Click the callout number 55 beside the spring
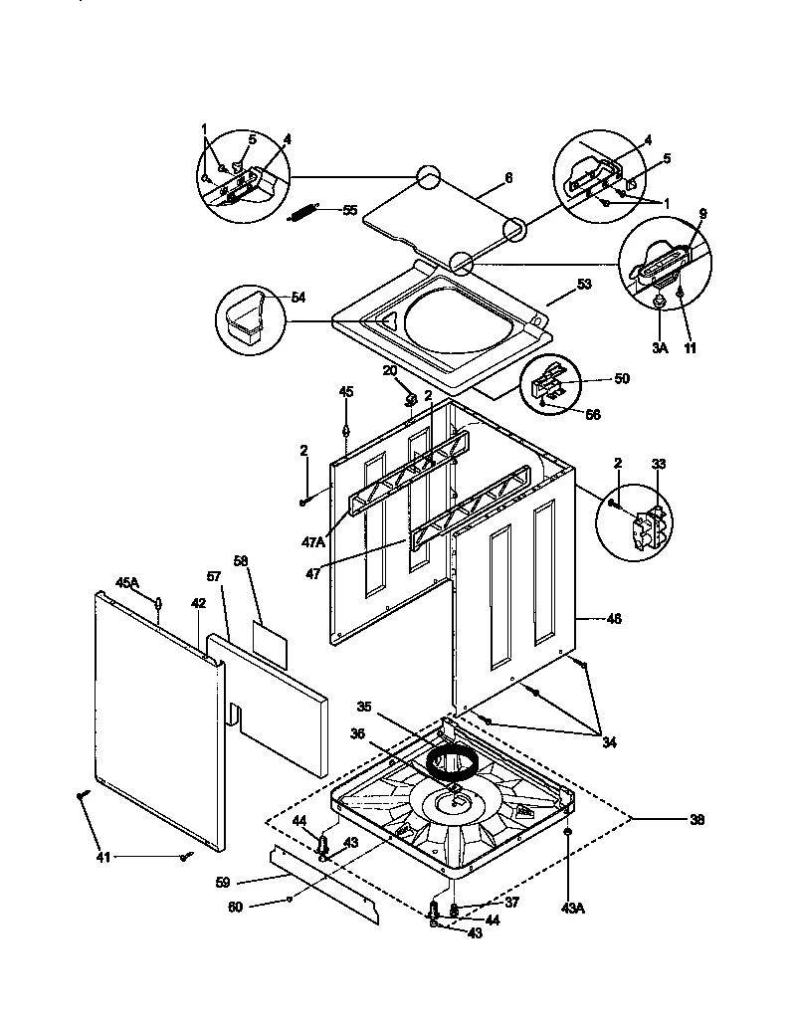click(x=349, y=210)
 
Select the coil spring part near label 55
click(x=302, y=212)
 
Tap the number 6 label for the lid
click(x=508, y=177)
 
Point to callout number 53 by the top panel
click(x=584, y=285)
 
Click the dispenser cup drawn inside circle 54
click(x=242, y=323)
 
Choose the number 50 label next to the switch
click(x=622, y=379)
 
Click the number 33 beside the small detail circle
click(x=658, y=464)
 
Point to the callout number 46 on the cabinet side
click(x=613, y=619)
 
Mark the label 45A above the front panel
click(x=126, y=581)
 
